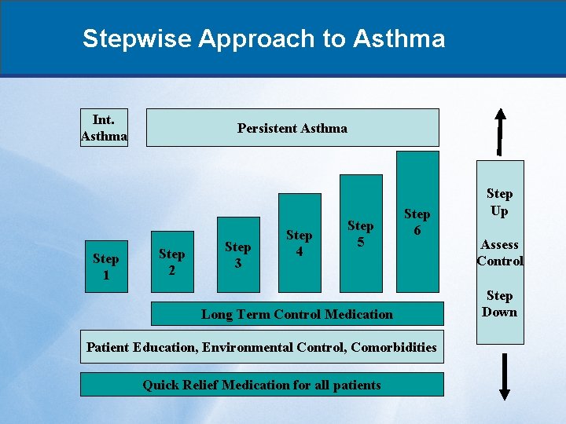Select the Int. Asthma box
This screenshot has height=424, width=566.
click(x=104, y=128)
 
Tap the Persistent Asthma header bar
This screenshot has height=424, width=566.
click(x=292, y=128)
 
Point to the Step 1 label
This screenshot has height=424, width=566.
click(x=105, y=267)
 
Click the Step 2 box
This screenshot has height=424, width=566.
click(x=171, y=262)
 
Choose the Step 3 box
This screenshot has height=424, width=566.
click(x=237, y=254)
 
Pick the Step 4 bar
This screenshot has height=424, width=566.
click(x=299, y=243)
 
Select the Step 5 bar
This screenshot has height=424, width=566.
click(x=360, y=233)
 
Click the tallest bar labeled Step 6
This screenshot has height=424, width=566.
click(x=417, y=221)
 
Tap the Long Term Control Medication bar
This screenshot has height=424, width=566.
click(x=296, y=314)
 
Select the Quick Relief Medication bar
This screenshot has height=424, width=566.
click(x=261, y=385)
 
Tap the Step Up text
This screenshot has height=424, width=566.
click(x=499, y=202)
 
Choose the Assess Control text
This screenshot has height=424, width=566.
click(x=499, y=253)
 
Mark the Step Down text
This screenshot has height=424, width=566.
click(x=499, y=304)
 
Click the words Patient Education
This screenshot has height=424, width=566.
click(x=141, y=347)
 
